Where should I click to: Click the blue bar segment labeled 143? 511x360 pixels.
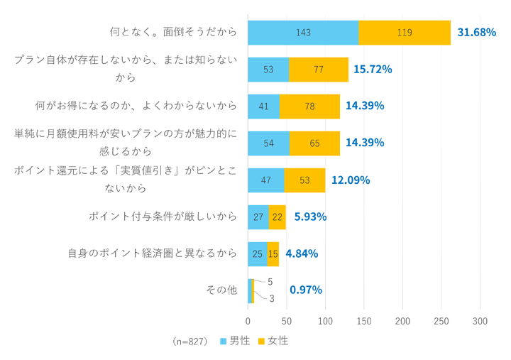(303, 33)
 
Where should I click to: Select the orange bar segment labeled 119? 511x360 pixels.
(405, 33)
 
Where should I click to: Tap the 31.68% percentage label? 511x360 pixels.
(477, 33)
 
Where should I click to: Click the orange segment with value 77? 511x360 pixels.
(318, 70)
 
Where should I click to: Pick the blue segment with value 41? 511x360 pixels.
(263, 106)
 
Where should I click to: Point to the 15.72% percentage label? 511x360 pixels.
(373, 70)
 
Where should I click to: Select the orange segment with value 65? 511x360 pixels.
(314, 143)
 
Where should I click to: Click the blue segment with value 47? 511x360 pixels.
(265, 180)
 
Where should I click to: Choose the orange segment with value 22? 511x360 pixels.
(278, 217)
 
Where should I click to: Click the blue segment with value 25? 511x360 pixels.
(257, 253)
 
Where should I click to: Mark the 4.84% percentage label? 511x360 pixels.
(302, 253)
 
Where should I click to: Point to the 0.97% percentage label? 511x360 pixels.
(306, 290)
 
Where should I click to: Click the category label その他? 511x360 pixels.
(221, 290)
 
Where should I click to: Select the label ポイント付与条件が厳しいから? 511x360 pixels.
(163, 217)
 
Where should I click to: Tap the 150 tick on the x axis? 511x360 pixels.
(364, 322)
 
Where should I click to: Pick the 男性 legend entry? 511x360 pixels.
(235, 342)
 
